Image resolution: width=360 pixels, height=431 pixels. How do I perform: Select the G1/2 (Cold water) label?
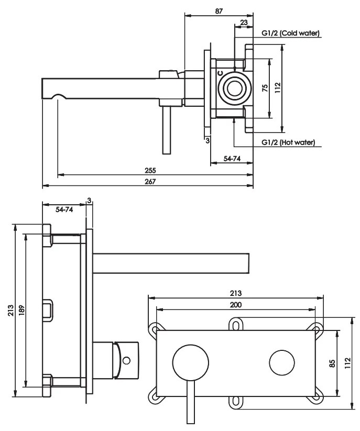tap(290, 34)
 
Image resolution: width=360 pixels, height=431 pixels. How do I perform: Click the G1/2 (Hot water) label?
tap(288, 142)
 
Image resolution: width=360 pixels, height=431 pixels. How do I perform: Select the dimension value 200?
tap(236, 304)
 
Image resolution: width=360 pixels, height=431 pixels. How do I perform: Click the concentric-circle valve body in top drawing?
tap(234, 87)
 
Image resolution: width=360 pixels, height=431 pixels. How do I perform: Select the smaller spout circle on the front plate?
tap(283, 362)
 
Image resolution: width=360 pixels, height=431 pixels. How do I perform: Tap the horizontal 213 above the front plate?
tap(236, 293)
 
